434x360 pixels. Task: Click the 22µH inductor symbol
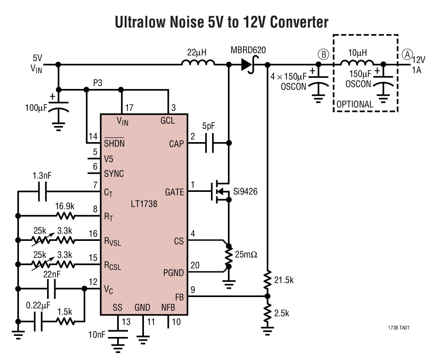(199, 63)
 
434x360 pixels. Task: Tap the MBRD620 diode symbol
(248, 65)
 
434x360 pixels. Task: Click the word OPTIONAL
(355, 104)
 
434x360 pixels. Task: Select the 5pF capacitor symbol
(209, 143)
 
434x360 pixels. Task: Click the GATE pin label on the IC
(174, 192)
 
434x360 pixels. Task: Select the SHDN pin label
(114, 143)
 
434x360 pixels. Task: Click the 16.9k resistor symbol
(65, 216)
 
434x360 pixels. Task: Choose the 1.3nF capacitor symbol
(42, 192)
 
